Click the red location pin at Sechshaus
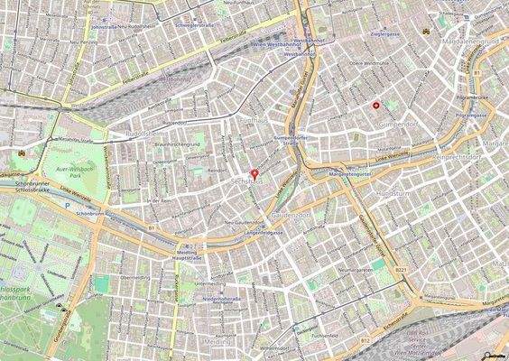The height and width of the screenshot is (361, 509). pos(255,173)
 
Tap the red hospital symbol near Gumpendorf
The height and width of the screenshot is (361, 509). pos(376,106)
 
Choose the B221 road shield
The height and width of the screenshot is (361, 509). pos(402,269)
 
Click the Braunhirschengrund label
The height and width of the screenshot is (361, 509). pos(177,144)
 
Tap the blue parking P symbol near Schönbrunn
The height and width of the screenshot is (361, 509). pos(67,204)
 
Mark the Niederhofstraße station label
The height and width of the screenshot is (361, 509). pos(219,298)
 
